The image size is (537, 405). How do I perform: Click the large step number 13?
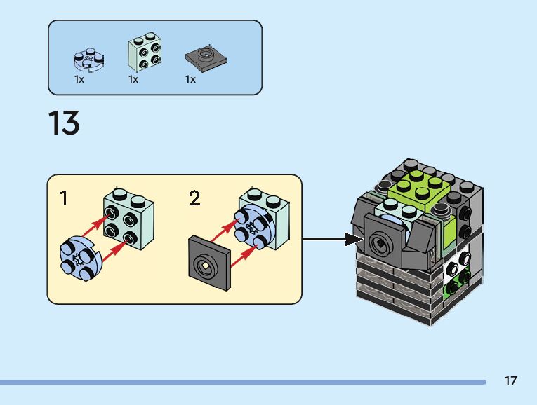pos(64,123)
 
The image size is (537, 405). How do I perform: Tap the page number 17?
pos(510,381)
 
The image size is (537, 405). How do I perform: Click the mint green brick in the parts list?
pos(144,53)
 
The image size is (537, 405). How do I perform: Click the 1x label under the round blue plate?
pos(79,80)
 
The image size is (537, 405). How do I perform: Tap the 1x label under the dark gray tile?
pos(190,80)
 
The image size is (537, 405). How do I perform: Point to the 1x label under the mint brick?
pos(133,80)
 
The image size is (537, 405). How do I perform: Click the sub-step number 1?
pos(64,198)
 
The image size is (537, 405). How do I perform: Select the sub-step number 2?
pos(194,198)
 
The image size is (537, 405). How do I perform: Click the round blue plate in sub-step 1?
pos(80,260)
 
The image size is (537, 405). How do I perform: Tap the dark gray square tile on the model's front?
pos(383,243)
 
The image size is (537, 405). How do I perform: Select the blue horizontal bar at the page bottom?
pos(242,382)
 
